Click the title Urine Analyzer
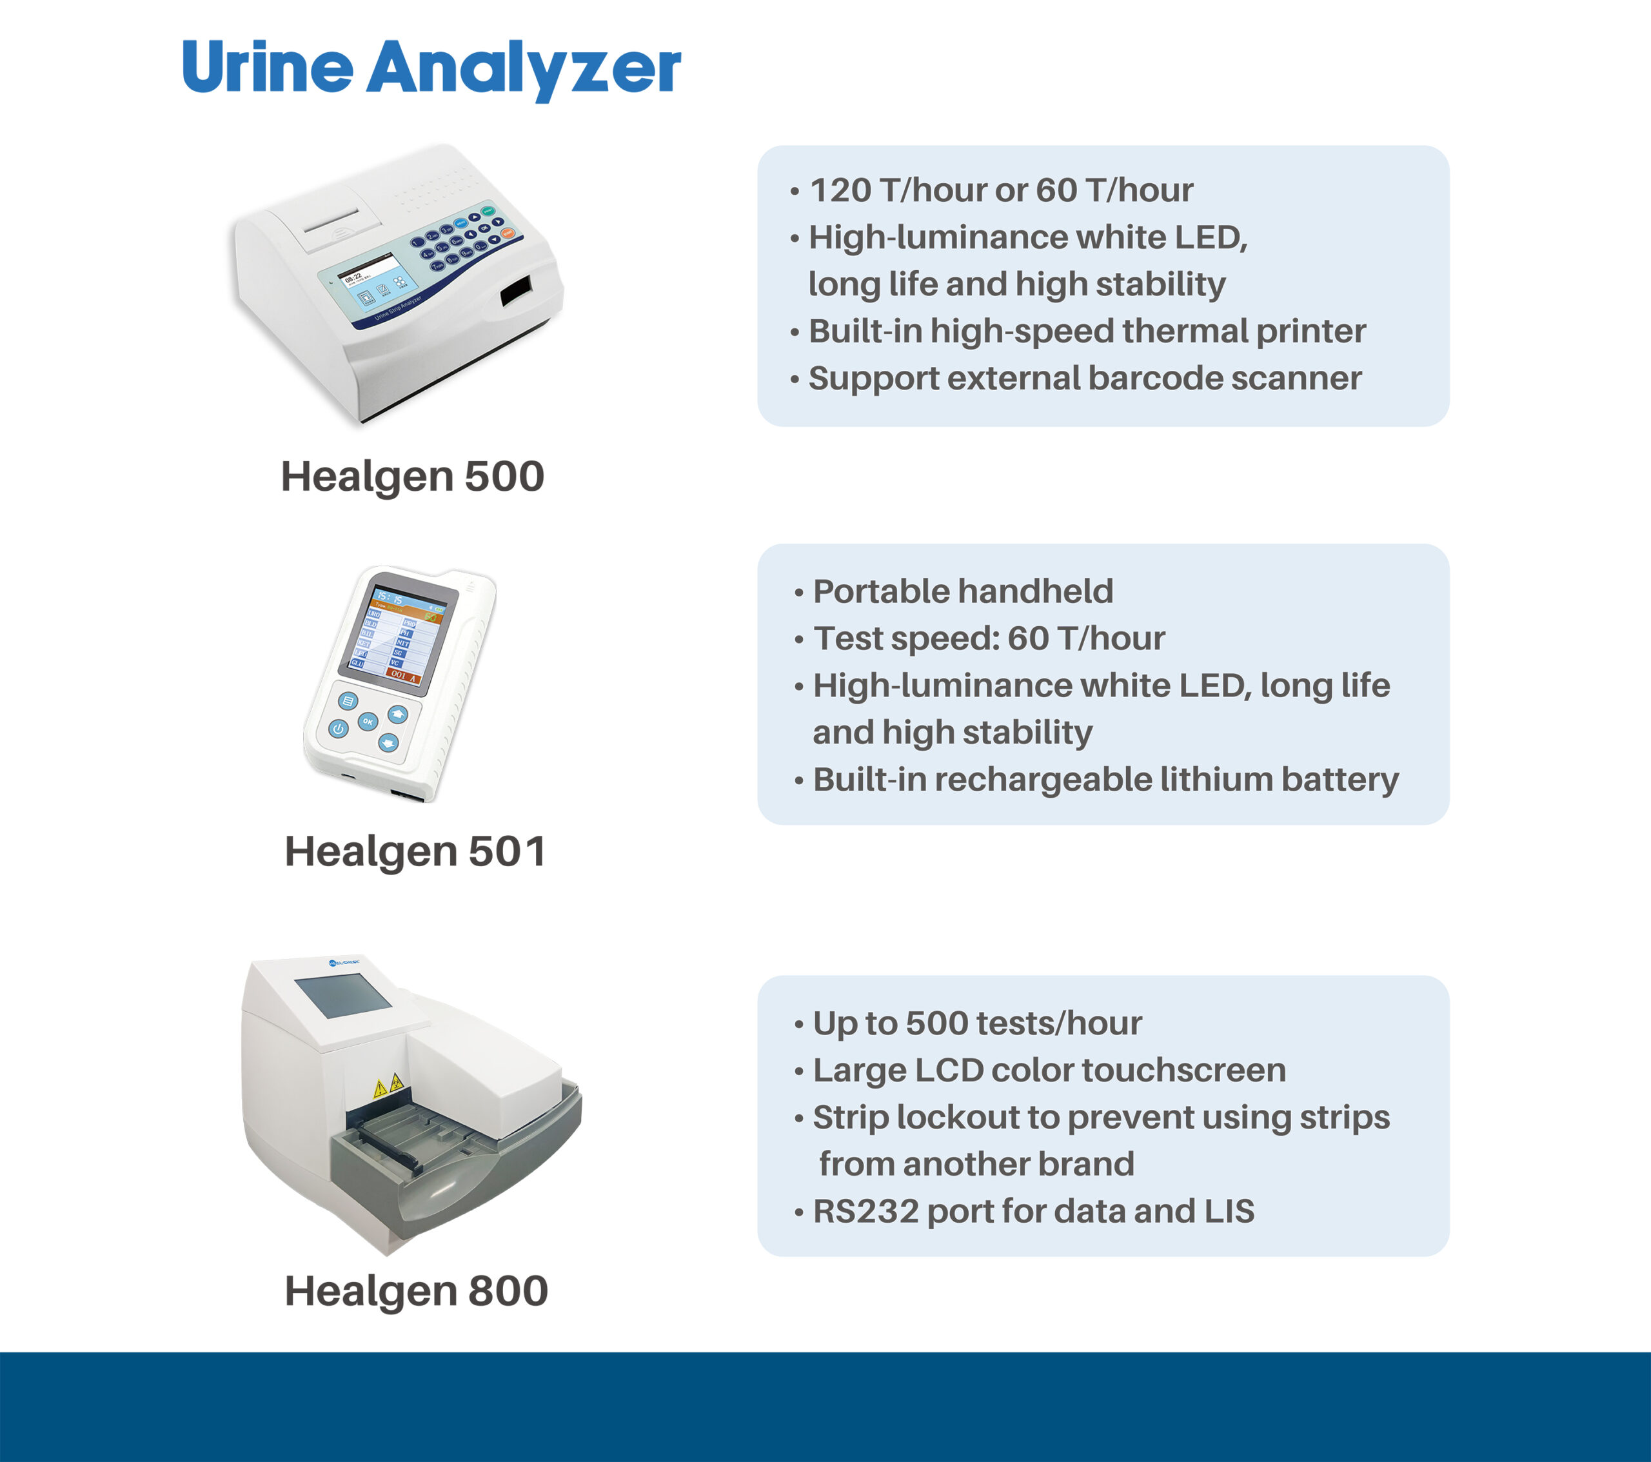[431, 68]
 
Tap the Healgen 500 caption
[412, 476]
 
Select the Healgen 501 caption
[415, 851]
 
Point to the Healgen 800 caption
[416, 1290]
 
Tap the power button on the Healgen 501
[339, 729]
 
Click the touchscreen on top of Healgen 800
[343, 996]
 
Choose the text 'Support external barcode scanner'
[1085, 378]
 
